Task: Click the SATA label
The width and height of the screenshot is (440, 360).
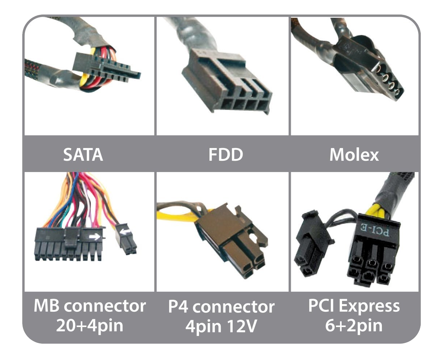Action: pos(83,155)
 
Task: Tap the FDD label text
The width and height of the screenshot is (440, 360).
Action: pos(226,155)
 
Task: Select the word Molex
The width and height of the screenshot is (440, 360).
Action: pos(354,155)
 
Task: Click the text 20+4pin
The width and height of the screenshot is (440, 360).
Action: pos(90,326)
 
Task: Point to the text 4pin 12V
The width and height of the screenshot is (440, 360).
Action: pos(221,326)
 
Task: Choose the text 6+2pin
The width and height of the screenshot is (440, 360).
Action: pos(354,326)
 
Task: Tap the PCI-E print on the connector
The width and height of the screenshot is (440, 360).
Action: pos(375,231)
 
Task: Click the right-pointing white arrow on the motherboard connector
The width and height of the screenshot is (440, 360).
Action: pos(94,237)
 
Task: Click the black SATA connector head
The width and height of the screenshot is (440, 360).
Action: pos(106,68)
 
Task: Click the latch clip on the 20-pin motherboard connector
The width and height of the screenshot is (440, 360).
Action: pos(72,238)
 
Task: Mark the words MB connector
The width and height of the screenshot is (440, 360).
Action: pos(90,306)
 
